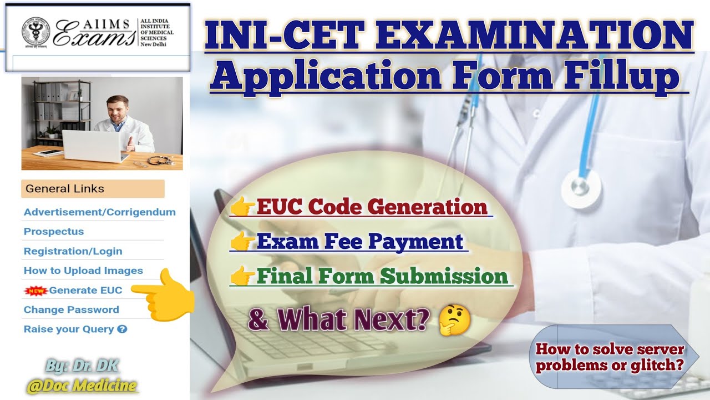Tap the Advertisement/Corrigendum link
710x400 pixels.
(x=99, y=212)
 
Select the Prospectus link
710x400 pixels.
(x=54, y=232)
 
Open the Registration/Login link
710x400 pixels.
(x=73, y=251)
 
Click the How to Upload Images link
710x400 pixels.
(x=83, y=271)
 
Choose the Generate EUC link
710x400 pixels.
(x=85, y=290)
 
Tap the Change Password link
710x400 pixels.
(x=71, y=309)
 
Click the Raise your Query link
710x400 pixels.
(x=69, y=329)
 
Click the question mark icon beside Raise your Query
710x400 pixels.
(x=123, y=329)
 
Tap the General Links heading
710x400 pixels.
(x=65, y=189)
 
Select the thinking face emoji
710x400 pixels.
(x=454, y=321)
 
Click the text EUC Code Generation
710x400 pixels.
(x=372, y=207)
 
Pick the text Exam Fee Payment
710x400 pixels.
(x=359, y=242)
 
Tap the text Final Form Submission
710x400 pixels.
(x=382, y=276)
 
